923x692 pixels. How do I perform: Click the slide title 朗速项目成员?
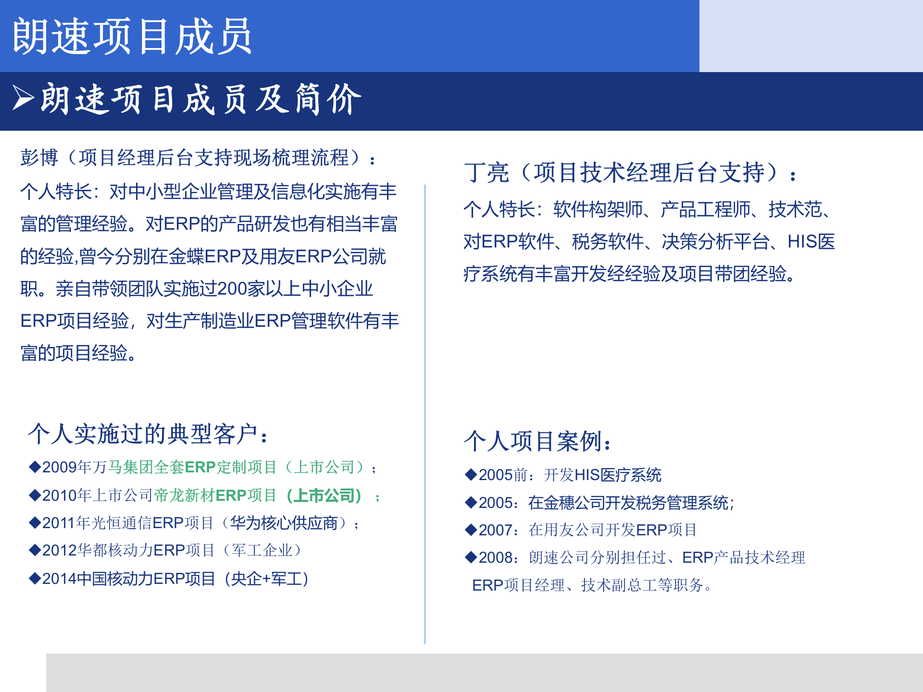coord(132,36)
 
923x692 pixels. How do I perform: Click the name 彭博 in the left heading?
coord(39,158)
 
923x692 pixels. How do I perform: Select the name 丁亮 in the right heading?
coord(486,173)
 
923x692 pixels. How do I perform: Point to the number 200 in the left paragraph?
coord(232,289)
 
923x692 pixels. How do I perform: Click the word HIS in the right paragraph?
coord(802,242)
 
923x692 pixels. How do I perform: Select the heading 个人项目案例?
coord(536,441)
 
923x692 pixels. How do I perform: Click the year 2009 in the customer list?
coord(60,467)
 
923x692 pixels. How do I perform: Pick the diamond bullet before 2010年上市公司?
coord(35,495)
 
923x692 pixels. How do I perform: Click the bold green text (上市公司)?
coord(324,495)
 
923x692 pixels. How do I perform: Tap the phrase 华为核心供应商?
coord(284,523)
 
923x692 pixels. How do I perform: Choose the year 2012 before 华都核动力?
coord(60,550)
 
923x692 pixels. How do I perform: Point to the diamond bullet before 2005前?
coord(471,475)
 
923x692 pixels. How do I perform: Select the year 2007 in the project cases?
coord(496,530)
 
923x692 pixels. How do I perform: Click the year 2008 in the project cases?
coord(496,557)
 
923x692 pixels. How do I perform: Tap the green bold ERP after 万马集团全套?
coord(200,467)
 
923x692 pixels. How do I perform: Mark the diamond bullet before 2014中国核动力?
coord(35,578)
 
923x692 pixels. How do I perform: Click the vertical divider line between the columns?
coord(425,413)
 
